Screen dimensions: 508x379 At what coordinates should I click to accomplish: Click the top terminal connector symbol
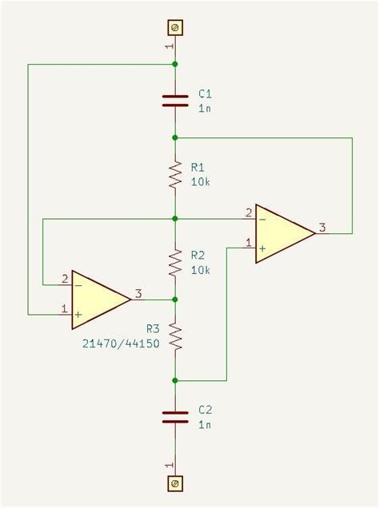pyautogui.click(x=174, y=28)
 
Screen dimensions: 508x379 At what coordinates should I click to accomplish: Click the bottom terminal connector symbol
pyautogui.click(x=174, y=484)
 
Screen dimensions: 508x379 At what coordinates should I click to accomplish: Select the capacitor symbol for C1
pyautogui.click(x=174, y=100)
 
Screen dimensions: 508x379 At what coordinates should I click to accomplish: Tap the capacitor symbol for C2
pyautogui.click(x=174, y=417)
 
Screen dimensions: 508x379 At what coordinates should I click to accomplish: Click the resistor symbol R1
pyautogui.click(x=174, y=175)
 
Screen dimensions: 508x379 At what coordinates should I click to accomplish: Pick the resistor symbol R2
pyautogui.click(x=174, y=262)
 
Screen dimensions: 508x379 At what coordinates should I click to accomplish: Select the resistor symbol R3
pyautogui.click(x=174, y=339)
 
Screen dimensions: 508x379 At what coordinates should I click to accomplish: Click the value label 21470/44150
pyautogui.click(x=119, y=343)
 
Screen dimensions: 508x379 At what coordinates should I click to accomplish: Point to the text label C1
pyautogui.click(x=205, y=94)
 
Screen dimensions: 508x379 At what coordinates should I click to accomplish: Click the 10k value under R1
pyautogui.click(x=201, y=182)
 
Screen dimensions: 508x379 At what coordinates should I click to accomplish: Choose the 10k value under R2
pyautogui.click(x=201, y=270)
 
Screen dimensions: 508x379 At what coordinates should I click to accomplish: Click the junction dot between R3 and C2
pyautogui.click(x=174, y=380)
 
